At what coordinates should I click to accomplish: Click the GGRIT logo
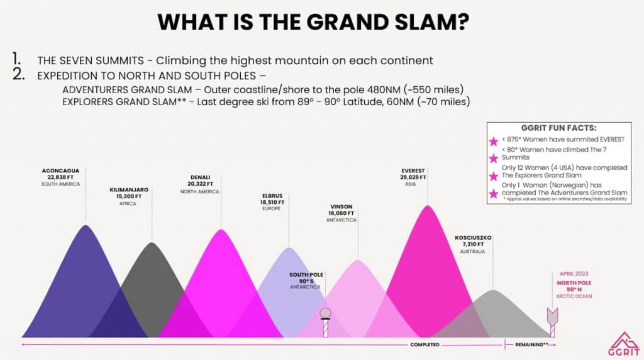(x=624, y=344)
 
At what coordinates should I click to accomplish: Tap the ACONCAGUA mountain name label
(x=60, y=171)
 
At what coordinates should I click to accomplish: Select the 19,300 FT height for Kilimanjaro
(x=128, y=196)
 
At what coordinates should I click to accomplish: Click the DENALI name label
(x=200, y=177)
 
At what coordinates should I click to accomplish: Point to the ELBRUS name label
(x=272, y=196)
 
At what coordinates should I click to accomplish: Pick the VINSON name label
(x=341, y=206)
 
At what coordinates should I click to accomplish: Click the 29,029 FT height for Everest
(x=413, y=177)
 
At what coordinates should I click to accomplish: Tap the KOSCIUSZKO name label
(x=473, y=238)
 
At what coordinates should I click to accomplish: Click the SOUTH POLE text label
(x=306, y=274)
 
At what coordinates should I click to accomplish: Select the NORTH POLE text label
(x=574, y=283)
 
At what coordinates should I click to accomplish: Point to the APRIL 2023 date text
(x=574, y=274)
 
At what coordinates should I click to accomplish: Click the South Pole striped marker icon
(x=325, y=323)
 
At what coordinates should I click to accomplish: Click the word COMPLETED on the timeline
(x=425, y=345)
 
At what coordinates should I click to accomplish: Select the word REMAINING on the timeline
(x=529, y=345)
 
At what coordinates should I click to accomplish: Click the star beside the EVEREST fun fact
(x=493, y=142)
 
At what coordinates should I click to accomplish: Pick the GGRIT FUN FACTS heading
(x=558, y=128)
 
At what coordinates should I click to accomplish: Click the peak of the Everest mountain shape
(x=428, y=205)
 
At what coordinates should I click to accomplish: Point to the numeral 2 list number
(x=19, y=74)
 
